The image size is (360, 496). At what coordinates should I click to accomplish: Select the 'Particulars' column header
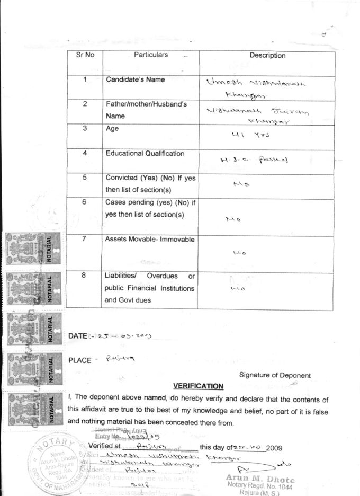coord(151,55)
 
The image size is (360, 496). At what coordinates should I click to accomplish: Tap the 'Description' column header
coord(267,55)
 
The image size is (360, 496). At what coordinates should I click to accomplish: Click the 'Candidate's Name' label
coord(135,79)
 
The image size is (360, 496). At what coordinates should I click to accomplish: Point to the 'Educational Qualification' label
coord(145,154)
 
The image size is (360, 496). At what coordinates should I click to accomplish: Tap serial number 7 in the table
coord(85,239)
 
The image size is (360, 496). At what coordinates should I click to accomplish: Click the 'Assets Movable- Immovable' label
coord(150,240)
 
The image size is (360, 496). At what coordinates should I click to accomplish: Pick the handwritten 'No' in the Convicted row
coord(241,184)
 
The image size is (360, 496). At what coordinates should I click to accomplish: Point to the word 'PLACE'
coord(80,360)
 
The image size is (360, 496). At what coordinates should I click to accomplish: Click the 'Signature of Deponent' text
coord(275,375)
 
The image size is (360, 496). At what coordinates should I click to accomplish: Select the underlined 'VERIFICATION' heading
coord(198,386)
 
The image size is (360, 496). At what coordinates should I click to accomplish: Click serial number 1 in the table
coord(85,79)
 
